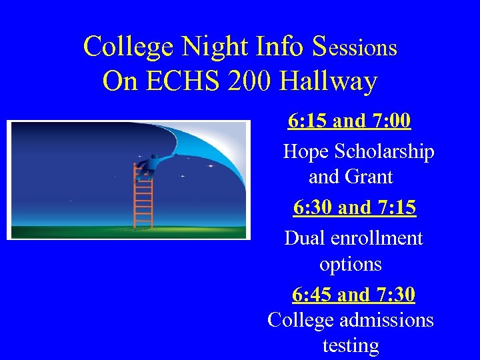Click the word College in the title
pyautogui.click(x=126, y=47)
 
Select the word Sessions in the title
pyautogui.click(x=354, y=47)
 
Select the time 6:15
pyautogui.click(x=307, y=121)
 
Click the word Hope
pyautogui.click(x=305, y=152)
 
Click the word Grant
pyautogui.click(x=370, y=177)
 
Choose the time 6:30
pyautogui.click(x=313, y=208)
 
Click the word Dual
pyautogui.click(x=304, y=238)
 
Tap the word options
pyautogui.click(x=351, y=265)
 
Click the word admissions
pyautogui.click(x=387, y=321)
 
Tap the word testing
pyautogui.click(x=351, y=346)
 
